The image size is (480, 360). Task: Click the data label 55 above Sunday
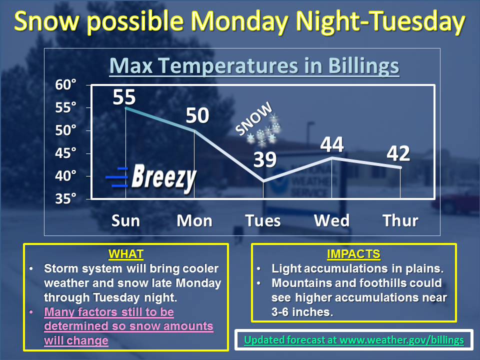[x=124, y=97]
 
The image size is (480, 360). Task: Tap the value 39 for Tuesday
[x=265, y=159]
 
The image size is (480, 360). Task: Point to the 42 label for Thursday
[x=398, y=153]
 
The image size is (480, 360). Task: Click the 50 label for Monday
[x=197, y=115]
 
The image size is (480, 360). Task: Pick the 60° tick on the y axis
[x=65, y=84]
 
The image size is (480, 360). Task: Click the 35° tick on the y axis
[x=65, y=198]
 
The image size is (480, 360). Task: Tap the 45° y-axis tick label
[x=65, y=153]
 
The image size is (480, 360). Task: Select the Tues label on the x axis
[x=263, y=220]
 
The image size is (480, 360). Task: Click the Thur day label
[x=400, y=220]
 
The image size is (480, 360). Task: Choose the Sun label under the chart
[x=125, y=220]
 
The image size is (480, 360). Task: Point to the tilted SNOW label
[x=253, y=118]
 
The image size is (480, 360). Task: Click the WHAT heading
[x=126, y=254]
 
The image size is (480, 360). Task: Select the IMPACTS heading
[x=353, y=254]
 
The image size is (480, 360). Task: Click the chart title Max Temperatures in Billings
[x=254, y=66]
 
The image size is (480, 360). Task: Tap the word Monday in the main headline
[x=239, y=21]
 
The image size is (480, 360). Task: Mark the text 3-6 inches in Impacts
[x=302, y=312]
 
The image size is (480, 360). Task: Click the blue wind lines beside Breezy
[x=117, y=177]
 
